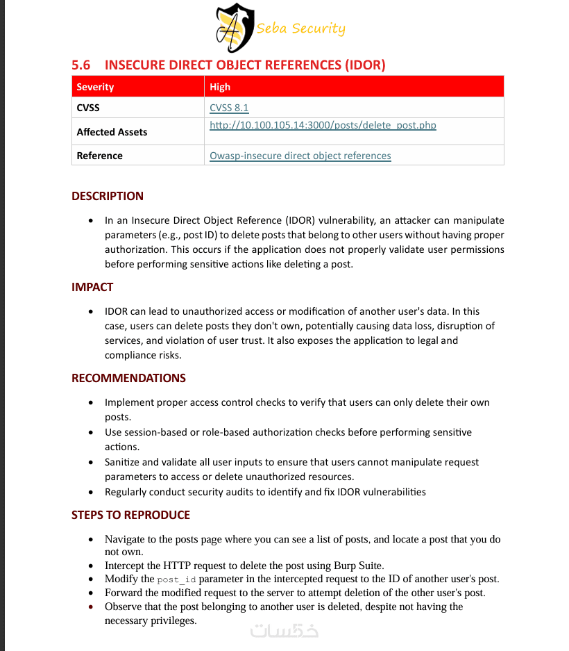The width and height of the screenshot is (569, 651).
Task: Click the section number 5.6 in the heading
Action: click(x=81, y=65)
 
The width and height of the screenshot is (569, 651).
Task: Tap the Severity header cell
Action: click(x=95, y=87)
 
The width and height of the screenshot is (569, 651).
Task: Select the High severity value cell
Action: click(x=220, y=87)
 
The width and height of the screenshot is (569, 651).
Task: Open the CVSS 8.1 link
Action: click(x=229, y=108)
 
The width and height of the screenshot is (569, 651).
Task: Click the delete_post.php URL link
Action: click(x=323, y=125)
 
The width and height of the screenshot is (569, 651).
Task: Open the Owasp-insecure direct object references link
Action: click(x=300, y=156)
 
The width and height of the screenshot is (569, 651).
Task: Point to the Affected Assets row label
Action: click(x=112, y=132)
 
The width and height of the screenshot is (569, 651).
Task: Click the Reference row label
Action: click(x=99, y=156)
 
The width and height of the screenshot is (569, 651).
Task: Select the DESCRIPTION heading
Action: click(x=108, y=196)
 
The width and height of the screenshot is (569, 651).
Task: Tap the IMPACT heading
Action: click(x=92, y=287)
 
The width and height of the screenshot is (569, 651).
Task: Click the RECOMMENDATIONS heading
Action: click(x=128, y=378)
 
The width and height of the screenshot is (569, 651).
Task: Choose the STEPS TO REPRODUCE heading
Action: click(x=130, y=515)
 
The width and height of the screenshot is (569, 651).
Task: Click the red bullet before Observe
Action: click(x=92, y=607)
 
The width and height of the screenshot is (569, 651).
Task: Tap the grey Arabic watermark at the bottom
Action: click(x=284, y=631)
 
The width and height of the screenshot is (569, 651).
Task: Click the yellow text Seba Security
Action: click(x=300, y=28)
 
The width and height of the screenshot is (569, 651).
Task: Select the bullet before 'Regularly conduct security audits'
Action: click(x=92, y=492)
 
